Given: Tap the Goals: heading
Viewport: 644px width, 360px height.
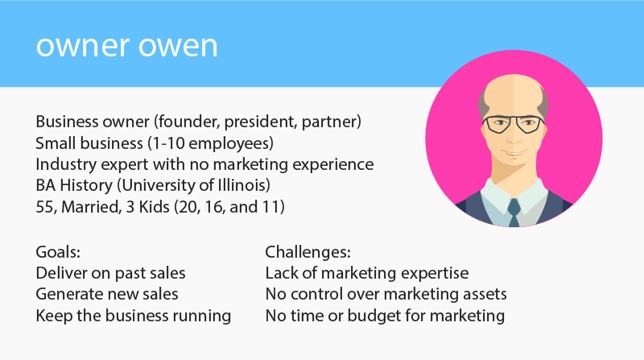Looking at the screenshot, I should coord(58,252).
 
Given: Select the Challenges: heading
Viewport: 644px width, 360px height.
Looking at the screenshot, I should coord(308,252).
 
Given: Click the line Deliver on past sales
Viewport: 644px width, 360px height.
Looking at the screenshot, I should coord(110,273).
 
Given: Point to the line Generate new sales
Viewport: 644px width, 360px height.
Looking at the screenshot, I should coord(107,294).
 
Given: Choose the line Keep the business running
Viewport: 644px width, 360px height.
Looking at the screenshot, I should coord(133,315).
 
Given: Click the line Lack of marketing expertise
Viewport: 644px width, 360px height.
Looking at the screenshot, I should coord(366,273).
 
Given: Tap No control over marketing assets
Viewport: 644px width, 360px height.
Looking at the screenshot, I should coord(386,294).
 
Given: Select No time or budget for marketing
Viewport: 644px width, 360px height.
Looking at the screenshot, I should coord(385,315).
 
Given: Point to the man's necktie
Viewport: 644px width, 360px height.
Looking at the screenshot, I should coord(513,211).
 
